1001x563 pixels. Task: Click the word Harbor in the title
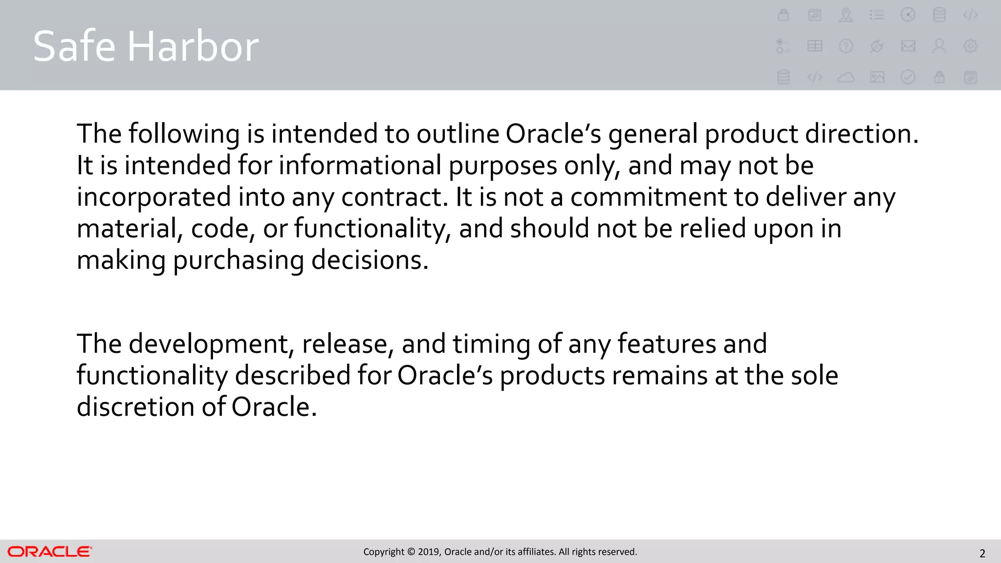193,46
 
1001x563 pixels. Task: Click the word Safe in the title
74,46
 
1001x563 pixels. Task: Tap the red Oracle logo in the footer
49,552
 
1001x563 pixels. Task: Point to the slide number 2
982,554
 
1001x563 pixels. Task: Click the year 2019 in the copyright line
429,552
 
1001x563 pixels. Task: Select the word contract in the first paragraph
394,197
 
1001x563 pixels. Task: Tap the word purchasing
239,260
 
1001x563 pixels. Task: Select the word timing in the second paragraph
491,345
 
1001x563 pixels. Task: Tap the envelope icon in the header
908,46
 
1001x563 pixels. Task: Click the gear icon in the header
970,46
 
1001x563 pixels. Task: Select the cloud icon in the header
846,77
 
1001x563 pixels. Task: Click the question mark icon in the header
846,46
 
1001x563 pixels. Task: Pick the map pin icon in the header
846,15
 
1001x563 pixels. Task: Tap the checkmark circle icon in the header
908,77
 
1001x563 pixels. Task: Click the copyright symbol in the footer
411,552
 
